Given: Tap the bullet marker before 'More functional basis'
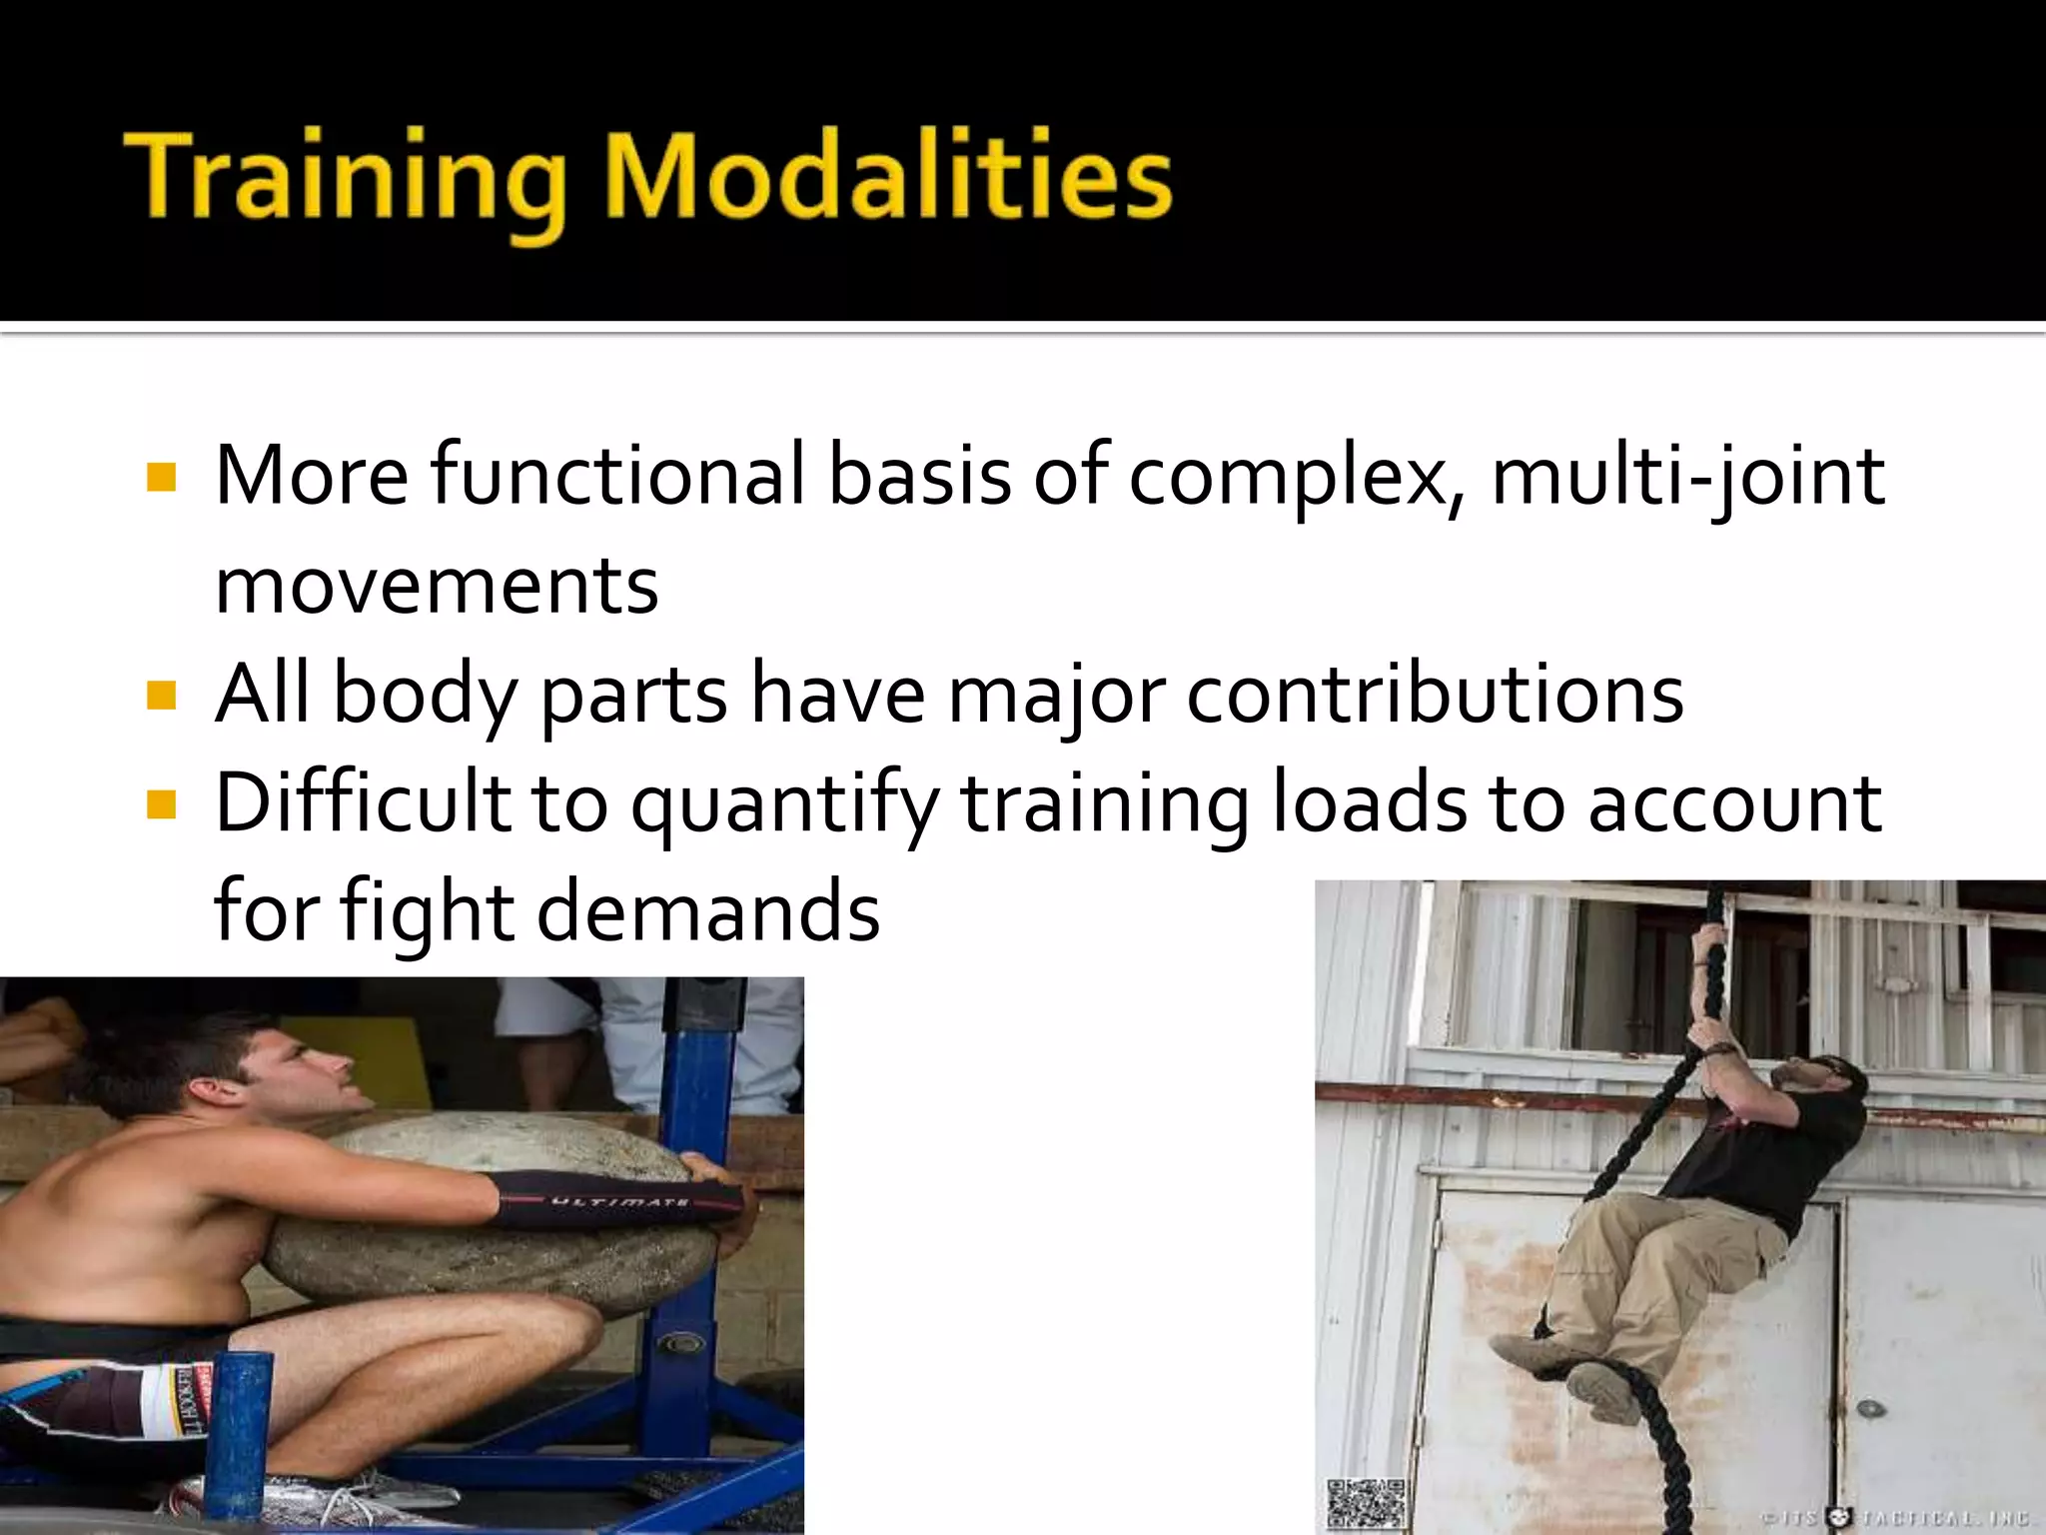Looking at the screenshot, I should click(x=160, y=477).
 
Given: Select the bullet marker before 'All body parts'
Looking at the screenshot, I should click(x=160, y=695).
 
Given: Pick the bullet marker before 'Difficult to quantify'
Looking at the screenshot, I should click(x=160, y=803).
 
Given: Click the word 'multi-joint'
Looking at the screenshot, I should click(x=1687, y=477).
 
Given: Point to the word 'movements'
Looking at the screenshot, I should click(x=437, y=586).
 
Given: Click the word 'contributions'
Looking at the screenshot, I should click(x=1435, y=695).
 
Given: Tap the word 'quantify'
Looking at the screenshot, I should click(x=783, y=805).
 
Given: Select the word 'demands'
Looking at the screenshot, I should click(x=708, y=911).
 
